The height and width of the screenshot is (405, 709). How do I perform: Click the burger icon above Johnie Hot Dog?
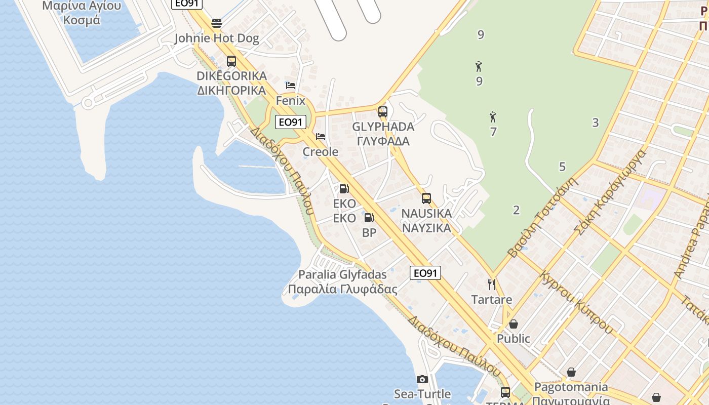pos(217,23)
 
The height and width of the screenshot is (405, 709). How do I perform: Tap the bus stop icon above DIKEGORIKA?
pos(231,61)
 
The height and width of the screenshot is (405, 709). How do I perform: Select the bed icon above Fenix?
pos(291,85)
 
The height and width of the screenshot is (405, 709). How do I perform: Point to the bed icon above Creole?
pos(320,137)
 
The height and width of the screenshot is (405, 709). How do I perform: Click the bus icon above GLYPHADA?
pos(383,112)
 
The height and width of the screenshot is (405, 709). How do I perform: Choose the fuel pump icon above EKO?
pos(344,189)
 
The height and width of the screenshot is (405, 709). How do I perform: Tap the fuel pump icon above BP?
pos(369,218)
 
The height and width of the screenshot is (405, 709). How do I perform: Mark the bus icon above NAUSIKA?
pos(426,198)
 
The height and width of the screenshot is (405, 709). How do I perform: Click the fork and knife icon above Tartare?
pos(491,285)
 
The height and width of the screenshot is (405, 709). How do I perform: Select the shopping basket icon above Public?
pos(514,324)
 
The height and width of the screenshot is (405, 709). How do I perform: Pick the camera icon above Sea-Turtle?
pos(422,379)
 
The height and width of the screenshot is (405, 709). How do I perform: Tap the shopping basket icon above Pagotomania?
pos(571,373)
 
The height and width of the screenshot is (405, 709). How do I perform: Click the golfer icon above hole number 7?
pos(493,117)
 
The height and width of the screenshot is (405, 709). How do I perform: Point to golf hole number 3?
pos(596,123)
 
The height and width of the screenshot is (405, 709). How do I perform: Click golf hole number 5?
pos(562,167)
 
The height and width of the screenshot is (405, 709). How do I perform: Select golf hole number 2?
pos(516,210)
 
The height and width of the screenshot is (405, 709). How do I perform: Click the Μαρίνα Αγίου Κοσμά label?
pos(82,13)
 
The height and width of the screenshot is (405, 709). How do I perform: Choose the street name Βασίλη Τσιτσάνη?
pos(542,217)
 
